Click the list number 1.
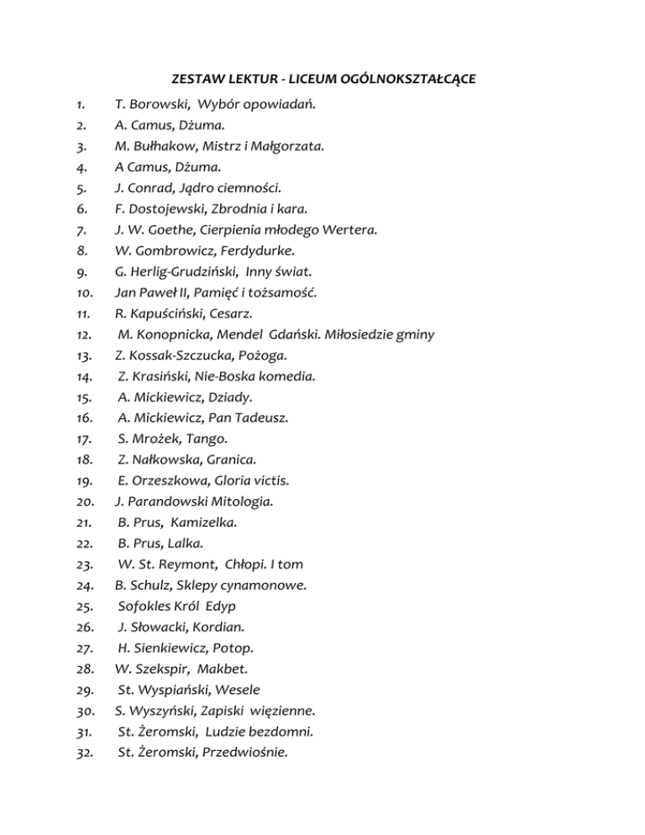80,105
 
